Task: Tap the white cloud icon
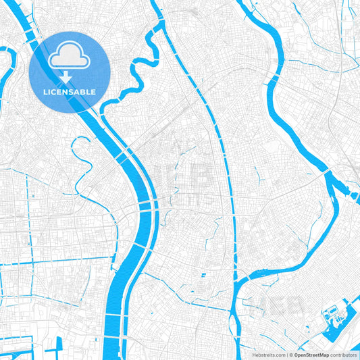pos(70,55)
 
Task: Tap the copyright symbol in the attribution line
pos(291,354)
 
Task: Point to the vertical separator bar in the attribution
pos(287,354)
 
